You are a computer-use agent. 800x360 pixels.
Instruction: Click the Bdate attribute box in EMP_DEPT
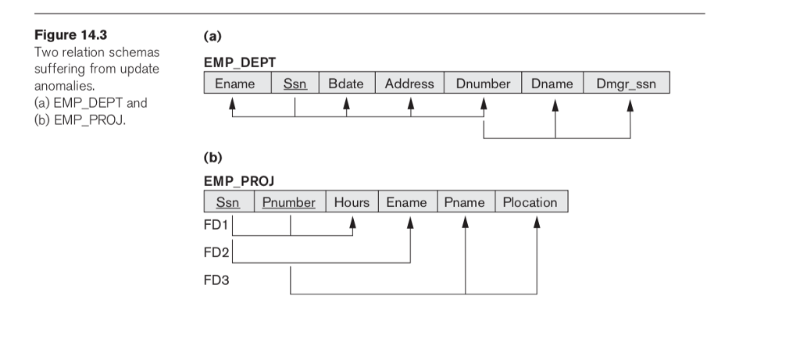pyautogui.click(x=346, y=84)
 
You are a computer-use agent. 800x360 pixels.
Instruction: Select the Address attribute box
pyautogui.click(x=410, y=84)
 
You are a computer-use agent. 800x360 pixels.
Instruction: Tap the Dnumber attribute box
pyautogui.click(x=483, y=84)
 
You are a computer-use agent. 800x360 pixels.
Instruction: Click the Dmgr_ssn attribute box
pyautogui.click(x=626, y=84)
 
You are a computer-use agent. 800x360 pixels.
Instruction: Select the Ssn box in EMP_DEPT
pyautogui.click(x=295, y=84)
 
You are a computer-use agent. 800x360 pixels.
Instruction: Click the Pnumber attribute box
pyautogui.click(x=289, y=202)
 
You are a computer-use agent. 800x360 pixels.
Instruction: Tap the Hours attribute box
pyautogui.click(x=352, y=202)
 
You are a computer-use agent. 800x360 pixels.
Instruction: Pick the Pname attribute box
pyautogui.click(x=465, y=202)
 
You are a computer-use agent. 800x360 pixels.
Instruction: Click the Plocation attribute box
pyautogui.click(x=530, y=202)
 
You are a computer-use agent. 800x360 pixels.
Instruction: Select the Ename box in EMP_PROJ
pyautogui.click(x=407, y=202)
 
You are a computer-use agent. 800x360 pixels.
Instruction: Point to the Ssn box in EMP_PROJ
pyautogui.click(x=229, y=202)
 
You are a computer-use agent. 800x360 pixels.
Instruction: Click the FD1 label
pyautogui.click(x=214, y=226)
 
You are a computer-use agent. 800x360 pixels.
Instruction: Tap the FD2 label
pyautogui.click(x=214, y=252)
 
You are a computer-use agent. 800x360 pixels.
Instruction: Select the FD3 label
pyautogui.click(x=214, y=279)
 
